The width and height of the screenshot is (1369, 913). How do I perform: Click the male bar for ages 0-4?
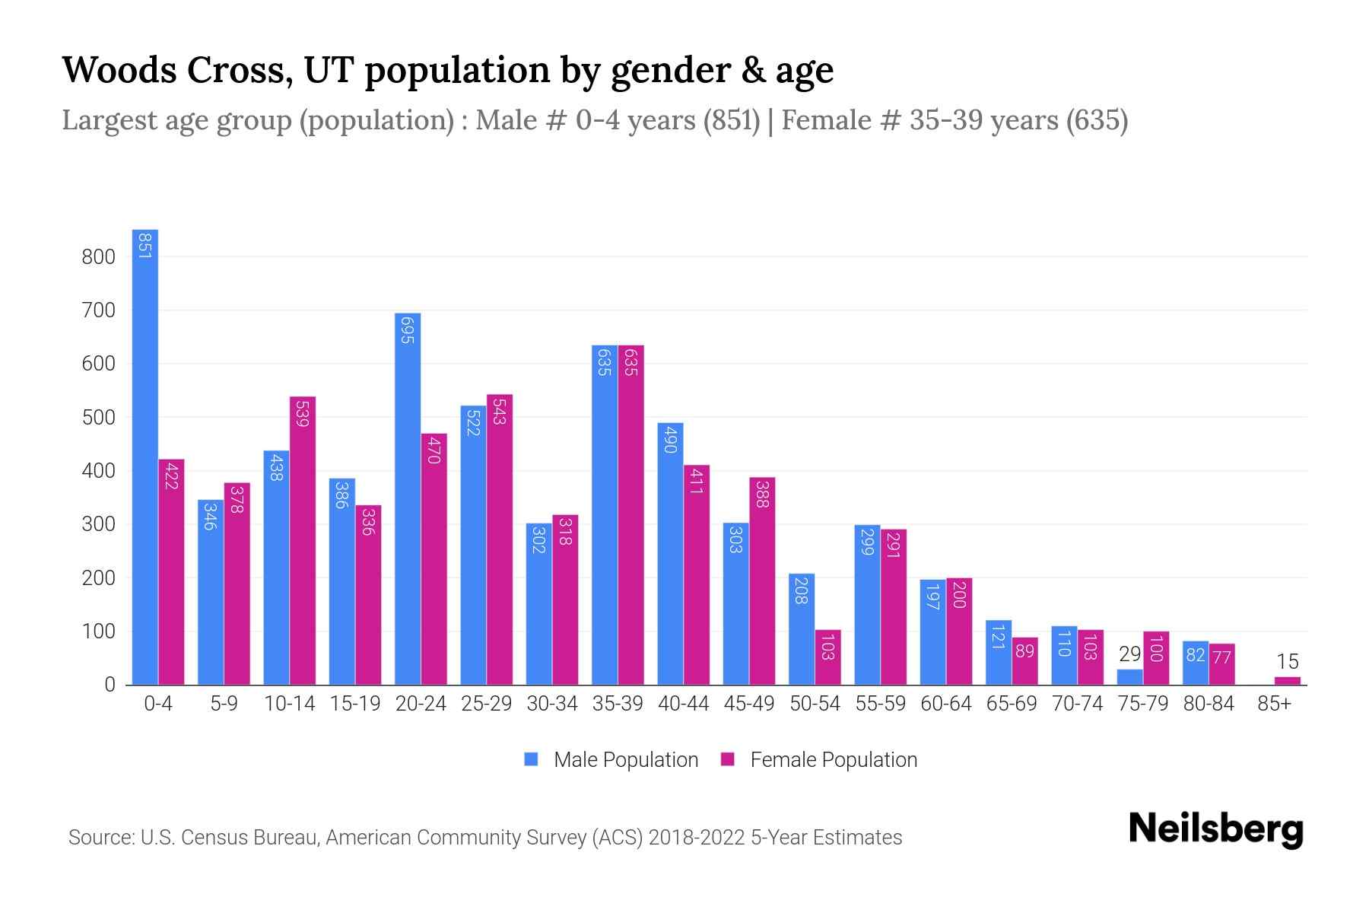[145, 456]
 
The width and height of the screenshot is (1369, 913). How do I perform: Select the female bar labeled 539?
[303, 540]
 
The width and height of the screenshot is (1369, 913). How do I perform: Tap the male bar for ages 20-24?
[408, 499]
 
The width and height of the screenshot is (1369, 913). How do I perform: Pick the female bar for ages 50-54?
[828, 657]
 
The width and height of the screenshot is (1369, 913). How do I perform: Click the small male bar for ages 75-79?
[1129, 677]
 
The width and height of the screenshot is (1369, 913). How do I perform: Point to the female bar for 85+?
[1288, 681]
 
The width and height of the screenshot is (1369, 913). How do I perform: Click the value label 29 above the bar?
[1130, 654]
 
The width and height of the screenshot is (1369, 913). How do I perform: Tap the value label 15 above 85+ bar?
[1288, 661]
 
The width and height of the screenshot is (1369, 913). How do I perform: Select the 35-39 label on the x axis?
[618, 704]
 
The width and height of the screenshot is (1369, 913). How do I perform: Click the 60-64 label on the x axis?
[945, 704]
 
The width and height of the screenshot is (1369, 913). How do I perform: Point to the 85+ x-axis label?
[1274, 704]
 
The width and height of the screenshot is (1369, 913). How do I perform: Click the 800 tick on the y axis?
[99, 257]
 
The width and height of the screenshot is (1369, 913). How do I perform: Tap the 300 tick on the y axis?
[99, 525]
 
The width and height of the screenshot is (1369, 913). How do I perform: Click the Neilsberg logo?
[1215, 829]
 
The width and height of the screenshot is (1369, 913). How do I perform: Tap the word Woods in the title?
[119, 70]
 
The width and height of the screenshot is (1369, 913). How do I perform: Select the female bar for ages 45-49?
[762, 581]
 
